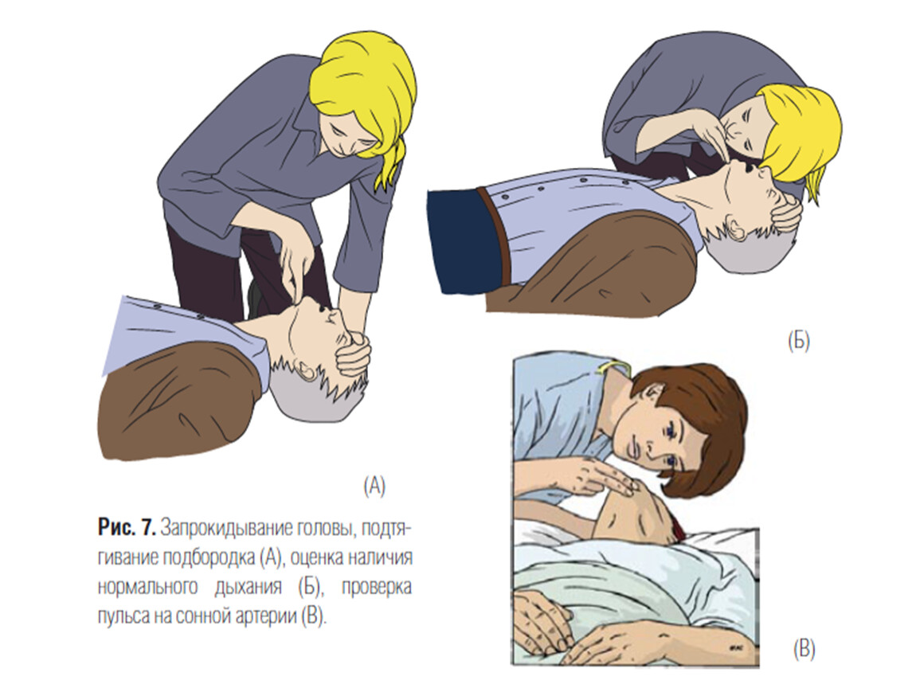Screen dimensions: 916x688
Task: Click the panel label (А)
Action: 374,486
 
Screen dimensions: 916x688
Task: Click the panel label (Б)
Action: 799,341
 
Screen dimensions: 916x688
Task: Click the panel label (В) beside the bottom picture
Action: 804,650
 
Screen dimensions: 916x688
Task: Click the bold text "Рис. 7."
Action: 126,528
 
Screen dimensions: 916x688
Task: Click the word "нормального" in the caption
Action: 148,587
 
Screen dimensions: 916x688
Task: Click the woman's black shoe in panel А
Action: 254,297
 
